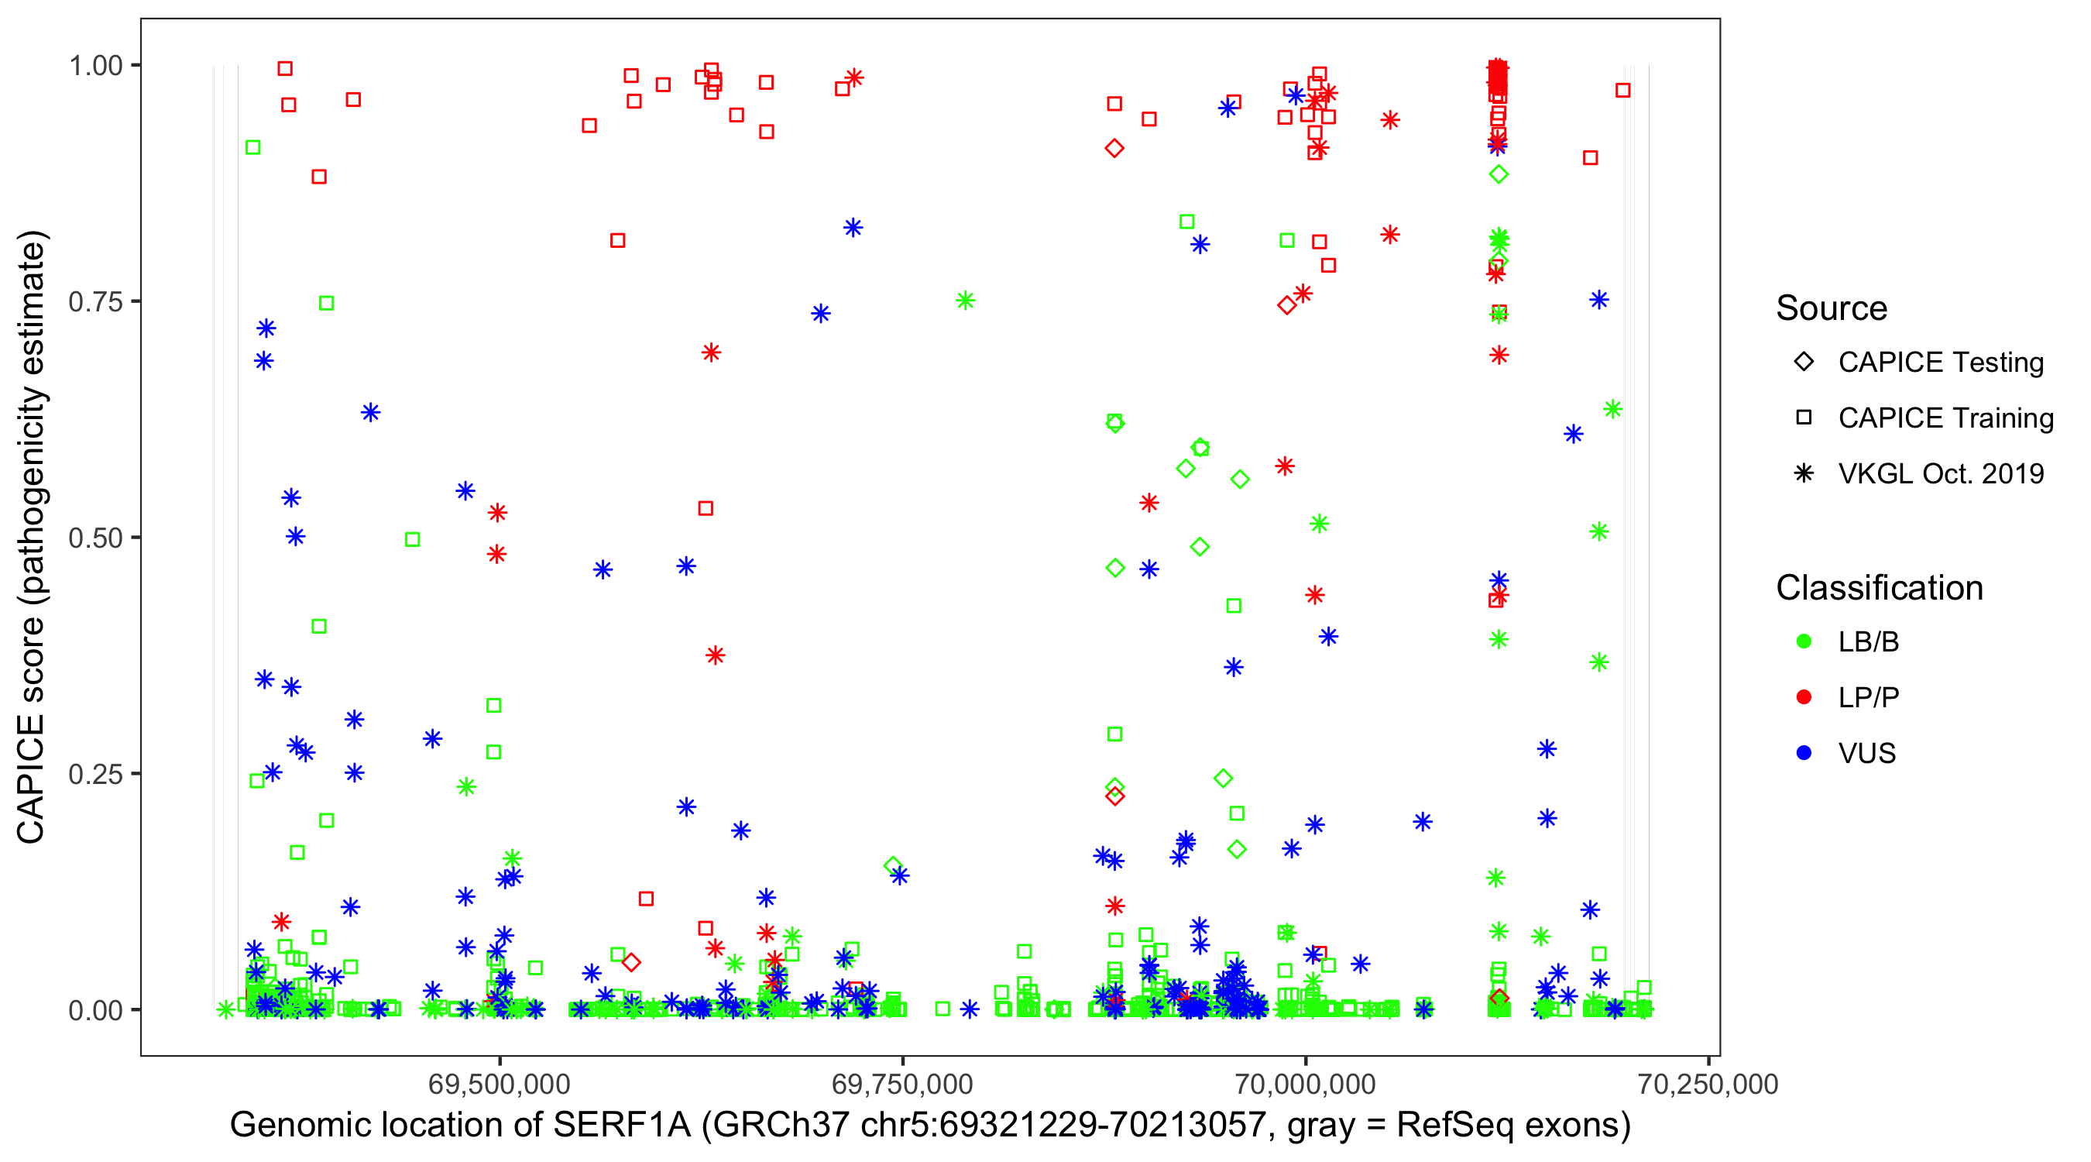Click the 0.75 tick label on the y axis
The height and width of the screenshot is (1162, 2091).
[x=94, y=302]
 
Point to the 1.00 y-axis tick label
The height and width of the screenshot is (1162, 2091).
[x=94, y=66]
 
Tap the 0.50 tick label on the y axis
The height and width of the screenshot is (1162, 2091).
[x=94, y=538]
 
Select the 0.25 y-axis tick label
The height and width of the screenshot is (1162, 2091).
[x=94, y=774]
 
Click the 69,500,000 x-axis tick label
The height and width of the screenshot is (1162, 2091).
[x=500, y=1084]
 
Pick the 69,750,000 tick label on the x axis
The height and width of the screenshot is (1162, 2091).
[x=901, y=1084]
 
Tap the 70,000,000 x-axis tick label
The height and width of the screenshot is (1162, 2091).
[x=1305, y=1084]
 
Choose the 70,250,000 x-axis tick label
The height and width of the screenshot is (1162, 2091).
[x=1708, y=1084]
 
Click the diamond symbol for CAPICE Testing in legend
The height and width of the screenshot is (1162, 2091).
[x=1804, y=363]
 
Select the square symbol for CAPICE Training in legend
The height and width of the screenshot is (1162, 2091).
[x=1804, y=418]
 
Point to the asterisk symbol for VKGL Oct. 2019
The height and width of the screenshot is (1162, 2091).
[x=1804, y=473]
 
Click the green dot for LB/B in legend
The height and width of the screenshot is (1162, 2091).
[x=1804, y=642]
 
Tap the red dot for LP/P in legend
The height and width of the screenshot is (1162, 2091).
[x=1804, y=697]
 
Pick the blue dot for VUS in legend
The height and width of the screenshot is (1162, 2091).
[x=1804, y=753]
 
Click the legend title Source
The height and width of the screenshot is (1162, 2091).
[x=1832, y=308]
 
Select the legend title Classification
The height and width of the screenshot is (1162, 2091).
[x=1879, y=588]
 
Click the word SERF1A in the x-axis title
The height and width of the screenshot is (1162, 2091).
[x=622, y=1126]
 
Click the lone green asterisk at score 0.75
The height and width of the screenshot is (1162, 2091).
[x=964, y=301]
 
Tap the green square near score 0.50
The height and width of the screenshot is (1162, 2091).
[x=412, y=540]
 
